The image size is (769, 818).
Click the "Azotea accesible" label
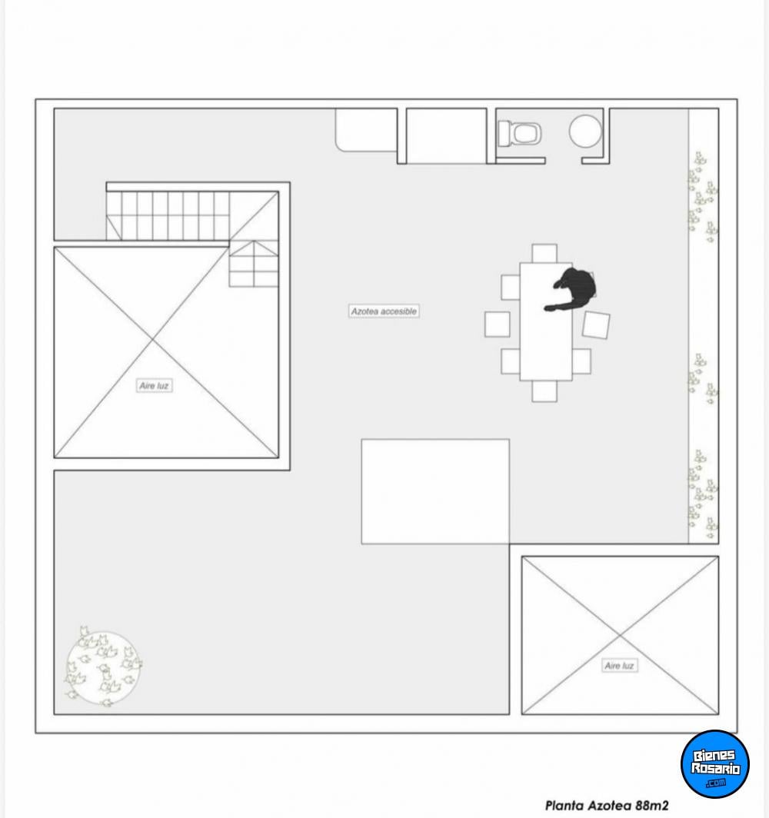tap(384, 311)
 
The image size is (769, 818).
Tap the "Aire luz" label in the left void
tap(154, 385)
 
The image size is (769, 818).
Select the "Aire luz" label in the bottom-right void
tap(619, 666)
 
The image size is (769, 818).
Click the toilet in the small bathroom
tap(520, 133)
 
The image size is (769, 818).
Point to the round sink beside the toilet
tap(585, 131)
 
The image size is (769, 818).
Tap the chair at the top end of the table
tap(544, 254)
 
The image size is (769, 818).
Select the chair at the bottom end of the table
tap(544, 391)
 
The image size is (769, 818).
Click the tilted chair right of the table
tap(596, 325)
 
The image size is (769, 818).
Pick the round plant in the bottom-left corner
tap(103, 667)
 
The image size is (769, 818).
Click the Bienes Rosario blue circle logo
tap(714, 763)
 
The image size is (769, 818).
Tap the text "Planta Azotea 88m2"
tap(607, 806)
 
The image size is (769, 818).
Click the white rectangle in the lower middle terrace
tap(435, 491)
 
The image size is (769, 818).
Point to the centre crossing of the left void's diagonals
tap(153, 340)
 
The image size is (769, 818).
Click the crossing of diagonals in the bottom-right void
tap(620, 635)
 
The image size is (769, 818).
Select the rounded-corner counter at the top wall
tap(366, 130)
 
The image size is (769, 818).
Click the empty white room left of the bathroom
tap(446, 135)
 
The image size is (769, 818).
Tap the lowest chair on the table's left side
tap(511, 361)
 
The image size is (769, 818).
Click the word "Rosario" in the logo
tap(715, 768)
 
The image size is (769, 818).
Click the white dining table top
tap(546, 321)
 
